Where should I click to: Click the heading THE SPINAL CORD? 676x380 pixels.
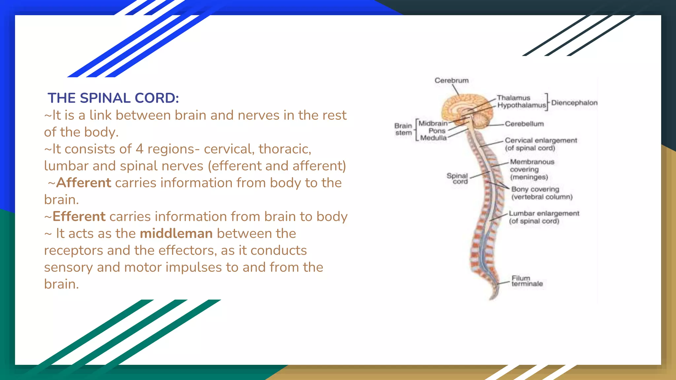pos(113,98)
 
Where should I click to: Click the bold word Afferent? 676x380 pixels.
pos(84,183)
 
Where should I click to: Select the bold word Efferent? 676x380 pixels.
pos(79,217)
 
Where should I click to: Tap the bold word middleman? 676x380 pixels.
pos(176,234)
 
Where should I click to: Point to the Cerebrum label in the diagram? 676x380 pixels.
pos(451,80)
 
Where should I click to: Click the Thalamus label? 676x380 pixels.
pos(513,98)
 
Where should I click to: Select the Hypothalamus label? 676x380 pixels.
pos(521,105)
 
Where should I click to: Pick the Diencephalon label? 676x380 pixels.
pos(574,103)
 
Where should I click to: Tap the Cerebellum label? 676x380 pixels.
pos(524,124)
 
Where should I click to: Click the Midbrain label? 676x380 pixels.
pos(433,123)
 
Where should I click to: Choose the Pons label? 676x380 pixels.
pos(437,131)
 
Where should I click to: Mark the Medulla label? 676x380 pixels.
pos(433,138)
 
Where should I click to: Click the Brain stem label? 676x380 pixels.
pos(403,129)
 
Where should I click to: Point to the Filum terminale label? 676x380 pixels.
pos(527,281)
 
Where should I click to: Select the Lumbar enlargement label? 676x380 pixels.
pos(544,217)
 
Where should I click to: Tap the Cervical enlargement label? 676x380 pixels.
pos(541,144)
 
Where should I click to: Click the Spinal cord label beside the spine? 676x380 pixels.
pos(457,178)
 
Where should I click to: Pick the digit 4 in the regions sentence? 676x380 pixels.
pos(139,149)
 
